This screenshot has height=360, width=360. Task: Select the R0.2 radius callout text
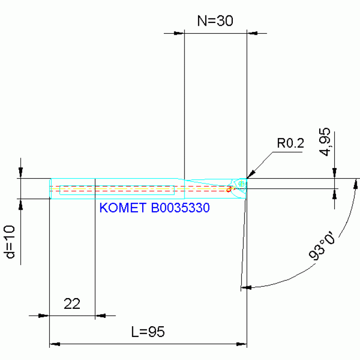coord(290,143)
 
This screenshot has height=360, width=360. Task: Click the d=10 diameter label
coord(11,241)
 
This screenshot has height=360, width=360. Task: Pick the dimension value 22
coord(72,304)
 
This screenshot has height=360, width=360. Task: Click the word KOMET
coord(123,207)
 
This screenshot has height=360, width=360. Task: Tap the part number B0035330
coord(180,207)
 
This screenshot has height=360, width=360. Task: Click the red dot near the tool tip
coord(229,190)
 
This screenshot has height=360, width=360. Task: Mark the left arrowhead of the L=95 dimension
coord(55,345)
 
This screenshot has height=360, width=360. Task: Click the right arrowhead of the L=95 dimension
coord(242,345)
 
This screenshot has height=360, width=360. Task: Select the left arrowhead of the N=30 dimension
coord(179,33)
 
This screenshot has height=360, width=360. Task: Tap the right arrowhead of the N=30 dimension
coord(253,33)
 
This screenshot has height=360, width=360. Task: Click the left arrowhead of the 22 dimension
coord(43,316)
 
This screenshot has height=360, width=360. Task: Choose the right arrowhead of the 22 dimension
coord(101,316)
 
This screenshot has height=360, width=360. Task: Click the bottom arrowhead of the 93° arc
coord(246,286)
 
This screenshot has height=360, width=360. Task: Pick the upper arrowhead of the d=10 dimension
coord(20,173)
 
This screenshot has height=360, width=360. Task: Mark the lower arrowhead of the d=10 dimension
coord(20,204)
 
